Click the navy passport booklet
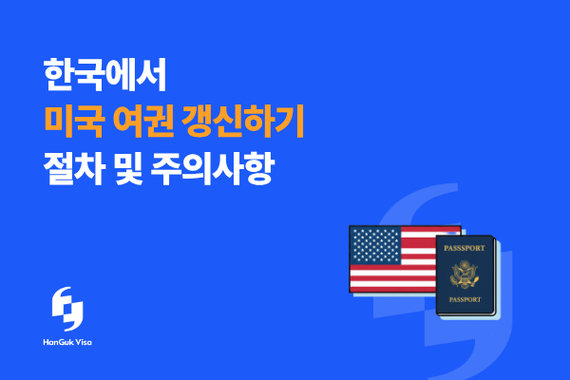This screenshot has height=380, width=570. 465,276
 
